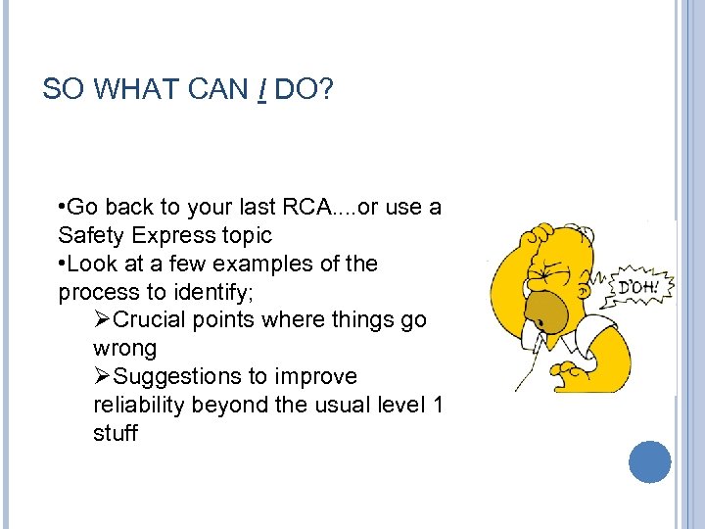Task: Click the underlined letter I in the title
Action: click(x=263, y=90)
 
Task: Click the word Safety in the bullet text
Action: click(x=90, y=235)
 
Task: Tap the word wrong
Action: click(x=124, y=349)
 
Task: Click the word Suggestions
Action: click(x=180, y=377)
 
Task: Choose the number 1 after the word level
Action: click(x=437, y=406)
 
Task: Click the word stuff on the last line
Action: click(x=116, y=433)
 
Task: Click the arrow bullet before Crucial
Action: click(x=103, y=320)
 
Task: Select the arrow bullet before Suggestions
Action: click(x=103, y=377)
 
